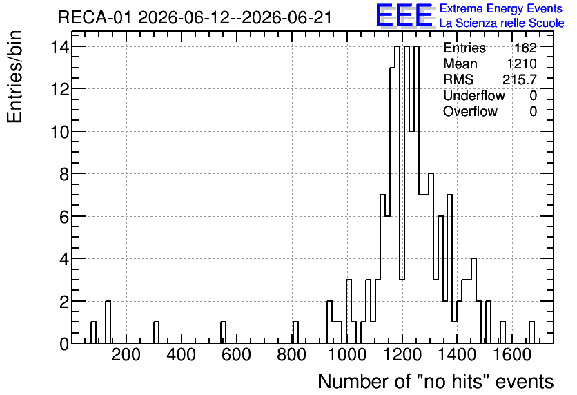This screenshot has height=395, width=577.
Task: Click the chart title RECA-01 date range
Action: point(195,17)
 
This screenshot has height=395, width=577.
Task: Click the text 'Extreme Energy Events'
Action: point(501,8)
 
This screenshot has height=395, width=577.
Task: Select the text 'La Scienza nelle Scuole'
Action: point(502,23)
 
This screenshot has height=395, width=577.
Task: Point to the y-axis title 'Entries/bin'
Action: point(14,77)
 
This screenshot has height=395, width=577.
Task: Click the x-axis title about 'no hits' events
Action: point(436,381)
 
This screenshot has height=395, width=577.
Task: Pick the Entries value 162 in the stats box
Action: point(525,48)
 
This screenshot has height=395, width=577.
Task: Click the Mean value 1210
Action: point(522,64)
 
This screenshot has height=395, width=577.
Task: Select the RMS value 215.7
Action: point(520,79)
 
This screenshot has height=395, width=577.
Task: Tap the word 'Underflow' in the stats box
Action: point(474,95)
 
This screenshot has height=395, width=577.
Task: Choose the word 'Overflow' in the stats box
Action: point(470,111)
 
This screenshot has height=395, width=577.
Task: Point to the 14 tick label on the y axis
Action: point(60,47)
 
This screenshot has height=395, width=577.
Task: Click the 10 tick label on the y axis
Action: point(60,131)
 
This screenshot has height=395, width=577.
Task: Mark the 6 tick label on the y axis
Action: point(64,216)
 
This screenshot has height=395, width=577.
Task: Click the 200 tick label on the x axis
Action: point(126,355)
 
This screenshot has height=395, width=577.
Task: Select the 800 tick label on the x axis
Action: point(291,355)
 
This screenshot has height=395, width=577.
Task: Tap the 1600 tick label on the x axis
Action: point(512,355)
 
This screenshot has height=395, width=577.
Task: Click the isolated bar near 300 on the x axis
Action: point(157,332)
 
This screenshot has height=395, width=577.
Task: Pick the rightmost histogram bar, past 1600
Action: point(531,332)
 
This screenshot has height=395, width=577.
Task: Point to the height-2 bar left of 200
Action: point(108,322)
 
